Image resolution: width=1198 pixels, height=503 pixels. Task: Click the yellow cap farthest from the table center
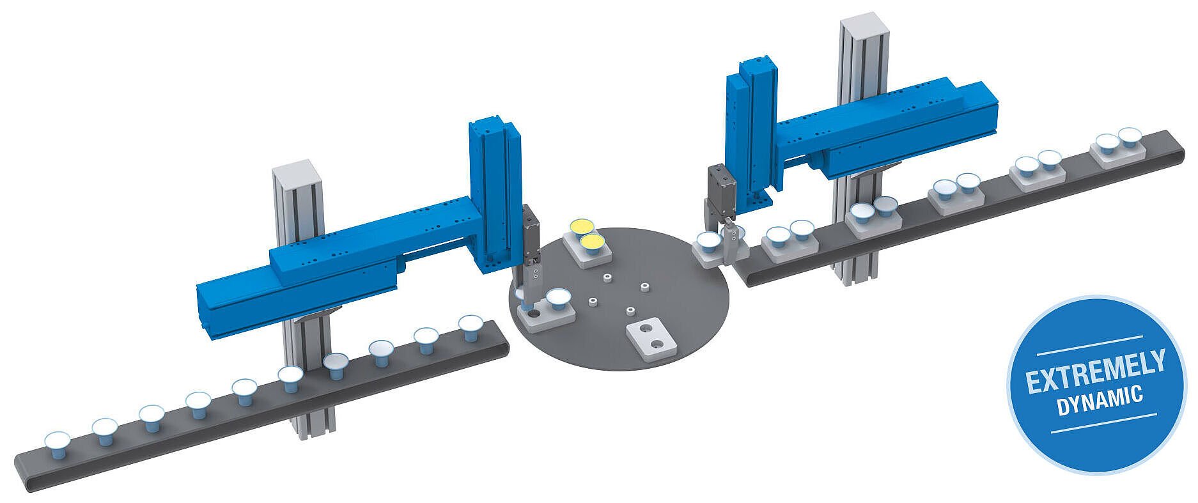coord(582,226)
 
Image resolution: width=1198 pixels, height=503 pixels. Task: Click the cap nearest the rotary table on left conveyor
coord(471,326)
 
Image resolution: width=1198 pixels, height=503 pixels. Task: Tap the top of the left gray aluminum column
coord(291,169)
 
